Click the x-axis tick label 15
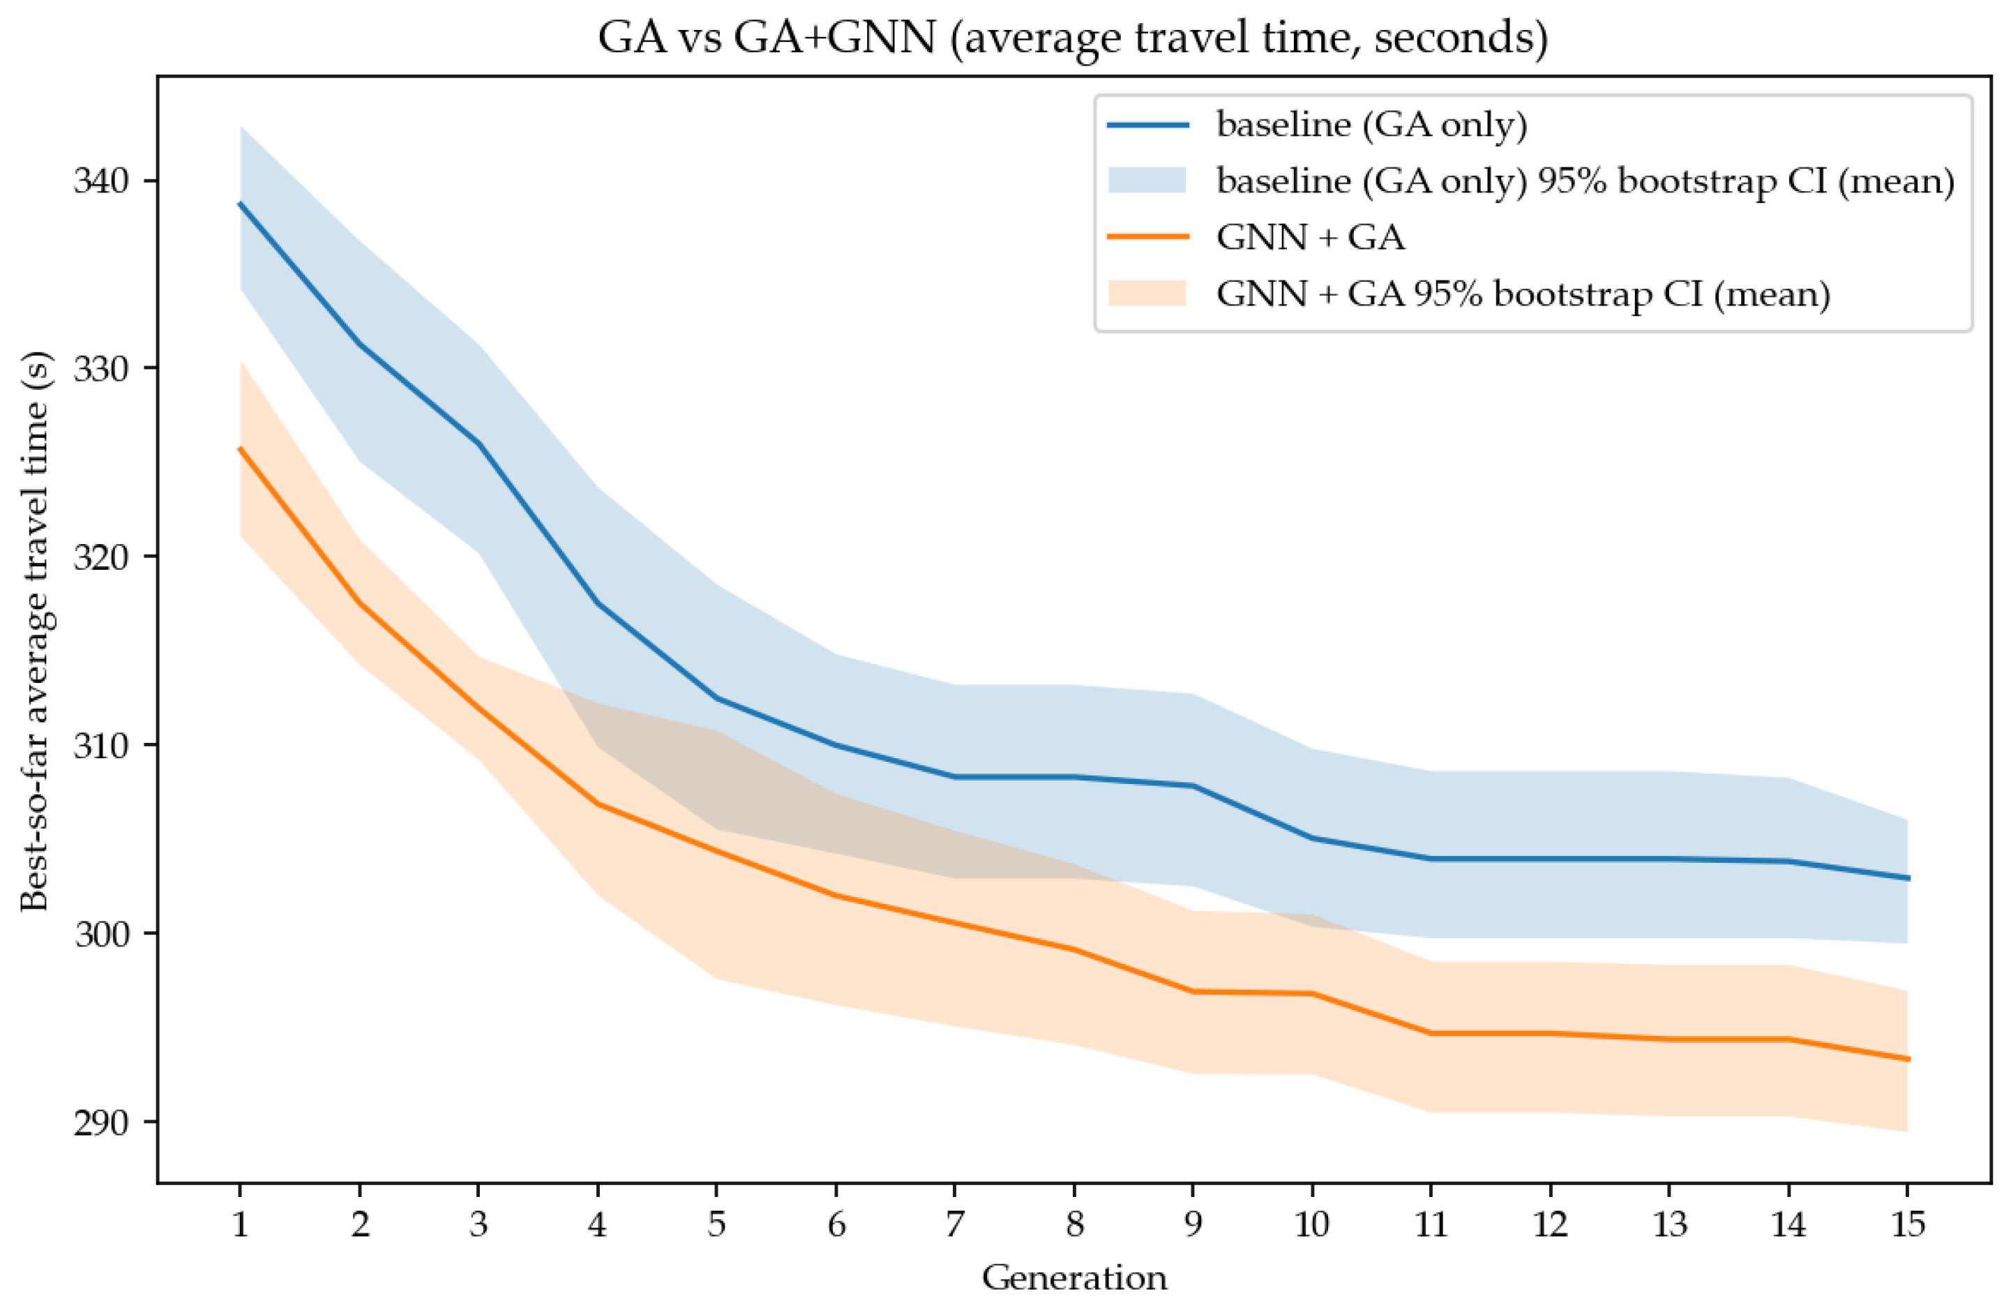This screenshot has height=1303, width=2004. (x=1907, y=1223)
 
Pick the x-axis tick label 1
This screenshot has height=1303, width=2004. (x=240, y=1223)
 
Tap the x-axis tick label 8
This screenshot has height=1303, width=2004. (x=1074, y=1223)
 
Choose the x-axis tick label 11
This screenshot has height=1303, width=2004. (x=1431, y=1223)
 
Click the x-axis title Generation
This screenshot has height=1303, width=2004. (x=1074, y=1278)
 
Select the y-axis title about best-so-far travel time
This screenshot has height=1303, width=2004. (x=36, y=632)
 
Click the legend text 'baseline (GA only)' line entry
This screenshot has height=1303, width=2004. (x=1371, y=125)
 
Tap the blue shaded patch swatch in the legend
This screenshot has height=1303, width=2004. (x=1147, y=180)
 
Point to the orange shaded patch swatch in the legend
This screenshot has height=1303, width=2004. (x=1147, y=293)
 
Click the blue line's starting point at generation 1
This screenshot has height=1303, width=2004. (x=240, y=203)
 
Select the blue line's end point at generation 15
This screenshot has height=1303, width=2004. (x=1907, y=878)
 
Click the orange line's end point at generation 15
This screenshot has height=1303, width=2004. (x=1907, y=1059)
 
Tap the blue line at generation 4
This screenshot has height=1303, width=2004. (x=598, y=603)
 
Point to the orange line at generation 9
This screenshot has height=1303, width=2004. (x=1193, y=991)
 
